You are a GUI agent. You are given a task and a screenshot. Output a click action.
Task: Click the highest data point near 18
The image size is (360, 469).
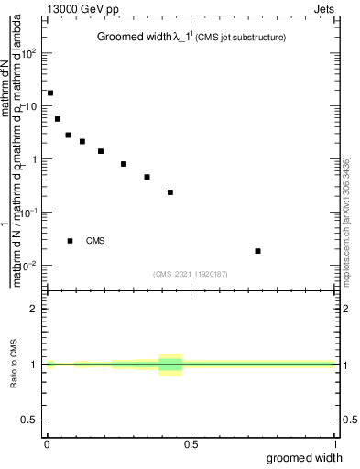click(x=50, y=93)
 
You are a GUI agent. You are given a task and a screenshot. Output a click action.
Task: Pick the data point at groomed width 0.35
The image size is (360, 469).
click(x=147, y=177)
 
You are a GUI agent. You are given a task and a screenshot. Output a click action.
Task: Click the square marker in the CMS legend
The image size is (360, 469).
click(x=71, y=241)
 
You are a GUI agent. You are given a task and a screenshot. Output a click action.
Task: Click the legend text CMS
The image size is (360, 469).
click(x=95, y=241)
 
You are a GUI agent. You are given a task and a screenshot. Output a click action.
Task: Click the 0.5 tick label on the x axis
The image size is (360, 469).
click(x=191, y=444)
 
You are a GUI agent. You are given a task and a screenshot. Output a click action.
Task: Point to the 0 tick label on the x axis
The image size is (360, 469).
click(x=46, y=444)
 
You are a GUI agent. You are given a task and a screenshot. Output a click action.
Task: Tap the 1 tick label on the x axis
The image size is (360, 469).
click(x=336, y=444)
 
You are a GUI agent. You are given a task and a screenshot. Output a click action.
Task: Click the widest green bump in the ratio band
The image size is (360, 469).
click(x=170, y=365)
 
